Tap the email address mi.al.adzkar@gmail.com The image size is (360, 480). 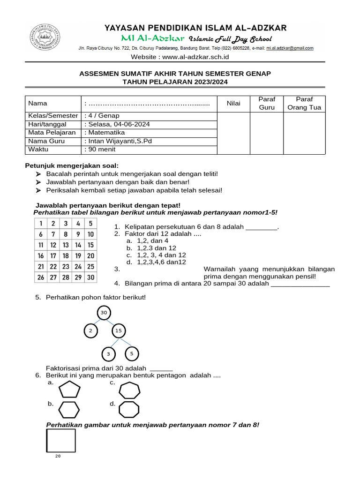[290, 48]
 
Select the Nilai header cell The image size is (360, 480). [233, 103]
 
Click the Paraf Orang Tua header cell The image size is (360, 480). [304, 103]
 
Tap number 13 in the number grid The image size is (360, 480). [66, 245]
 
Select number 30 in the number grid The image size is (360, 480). [90, 277]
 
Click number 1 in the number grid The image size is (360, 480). [41, 223]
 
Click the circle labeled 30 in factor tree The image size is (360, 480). [104, 313]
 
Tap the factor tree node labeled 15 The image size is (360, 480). [118, 331]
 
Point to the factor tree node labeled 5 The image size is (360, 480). [132, 353]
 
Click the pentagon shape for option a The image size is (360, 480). [69, 390]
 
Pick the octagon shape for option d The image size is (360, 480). [129, 409]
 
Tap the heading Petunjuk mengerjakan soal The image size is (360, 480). [71, 166]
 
